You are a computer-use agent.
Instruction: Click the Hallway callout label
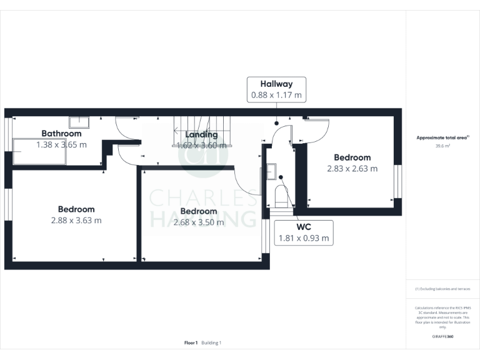276,84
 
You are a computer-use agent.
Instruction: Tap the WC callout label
304,226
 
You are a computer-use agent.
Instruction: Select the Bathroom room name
61,133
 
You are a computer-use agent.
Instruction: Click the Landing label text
201,134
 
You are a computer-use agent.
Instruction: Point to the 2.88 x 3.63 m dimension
76,220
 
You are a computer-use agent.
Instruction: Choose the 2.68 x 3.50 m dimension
198,222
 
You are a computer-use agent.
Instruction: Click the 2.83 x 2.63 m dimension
352,168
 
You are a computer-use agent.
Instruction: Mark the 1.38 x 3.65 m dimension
61,144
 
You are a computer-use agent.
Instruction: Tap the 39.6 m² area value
442,146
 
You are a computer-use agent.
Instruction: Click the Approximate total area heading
442,137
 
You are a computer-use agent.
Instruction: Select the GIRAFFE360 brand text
442,337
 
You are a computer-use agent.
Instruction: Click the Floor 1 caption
191,342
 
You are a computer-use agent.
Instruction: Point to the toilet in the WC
281,196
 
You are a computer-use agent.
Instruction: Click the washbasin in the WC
271,171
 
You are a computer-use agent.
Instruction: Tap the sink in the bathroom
79,121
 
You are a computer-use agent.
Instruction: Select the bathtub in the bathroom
37,152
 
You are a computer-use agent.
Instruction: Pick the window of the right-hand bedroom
399,181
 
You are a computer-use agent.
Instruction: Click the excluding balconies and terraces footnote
442,289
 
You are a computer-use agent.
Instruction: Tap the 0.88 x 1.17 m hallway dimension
276,96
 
